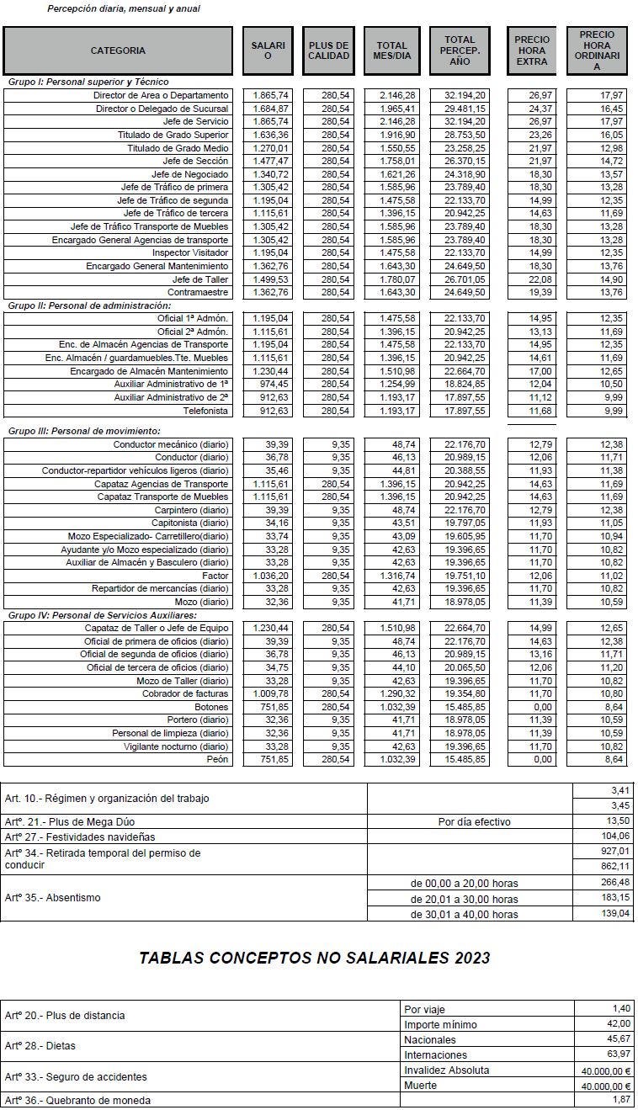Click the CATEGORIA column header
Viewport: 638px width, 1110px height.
(x=118, y=50)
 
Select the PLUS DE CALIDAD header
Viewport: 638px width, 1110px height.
(x=328, y=50)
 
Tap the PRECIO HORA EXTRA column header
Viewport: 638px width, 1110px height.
(x=532, y=50)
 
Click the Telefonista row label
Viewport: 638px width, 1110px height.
(x=205, y=411)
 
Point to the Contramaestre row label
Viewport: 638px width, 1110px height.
(x=198, y=292)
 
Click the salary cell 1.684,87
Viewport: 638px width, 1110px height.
(x=271, y=109)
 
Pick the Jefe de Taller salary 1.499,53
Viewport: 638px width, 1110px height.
(x=271, y=279)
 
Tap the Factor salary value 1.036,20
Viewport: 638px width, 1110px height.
(x=271, y=575)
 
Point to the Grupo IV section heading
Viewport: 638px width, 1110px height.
(x=102, y=615)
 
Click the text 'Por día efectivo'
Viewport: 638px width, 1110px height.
(x=470, y=821)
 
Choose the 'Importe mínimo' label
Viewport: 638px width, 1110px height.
(x=440, y=1024)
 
